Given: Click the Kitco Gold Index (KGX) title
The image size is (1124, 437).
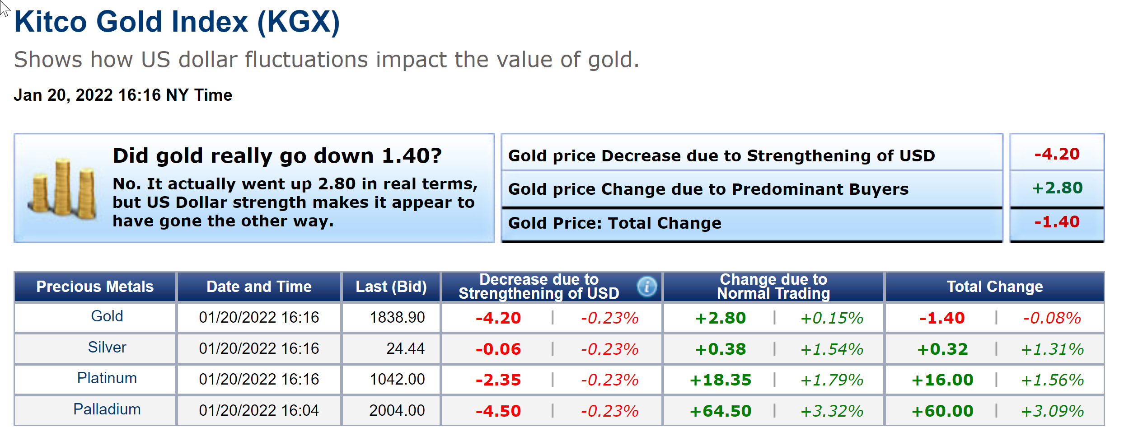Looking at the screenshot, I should (177, 22).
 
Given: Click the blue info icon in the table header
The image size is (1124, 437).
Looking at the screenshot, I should (646, 287).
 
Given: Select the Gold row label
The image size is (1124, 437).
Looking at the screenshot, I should (107, 316).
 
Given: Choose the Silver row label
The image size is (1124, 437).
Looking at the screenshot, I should (107, 348).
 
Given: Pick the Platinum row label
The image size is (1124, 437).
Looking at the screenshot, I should (107, 378).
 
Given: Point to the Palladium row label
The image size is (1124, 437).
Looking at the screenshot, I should (107, 409).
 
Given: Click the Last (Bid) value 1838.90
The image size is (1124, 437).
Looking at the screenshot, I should (397, 318).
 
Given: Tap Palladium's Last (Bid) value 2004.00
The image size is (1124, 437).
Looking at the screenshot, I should (397, 410).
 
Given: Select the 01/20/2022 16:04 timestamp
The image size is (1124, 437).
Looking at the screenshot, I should (259, 410).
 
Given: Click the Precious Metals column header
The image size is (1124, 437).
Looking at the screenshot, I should (95, 287).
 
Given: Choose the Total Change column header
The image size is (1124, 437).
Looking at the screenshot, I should (995, 287).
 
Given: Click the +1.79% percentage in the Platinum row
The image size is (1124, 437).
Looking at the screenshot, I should (832, 380).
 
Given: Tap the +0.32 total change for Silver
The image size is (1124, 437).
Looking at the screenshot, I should (942, 349).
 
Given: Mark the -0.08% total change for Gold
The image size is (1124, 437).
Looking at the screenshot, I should (1052, 318).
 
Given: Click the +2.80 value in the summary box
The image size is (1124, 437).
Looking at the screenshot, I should (1057, 188).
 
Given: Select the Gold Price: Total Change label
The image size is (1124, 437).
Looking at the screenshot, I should (615, 223).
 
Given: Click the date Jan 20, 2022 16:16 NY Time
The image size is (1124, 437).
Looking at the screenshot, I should (123, 95).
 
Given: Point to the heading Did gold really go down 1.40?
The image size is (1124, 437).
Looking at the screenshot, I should (277, 156).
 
